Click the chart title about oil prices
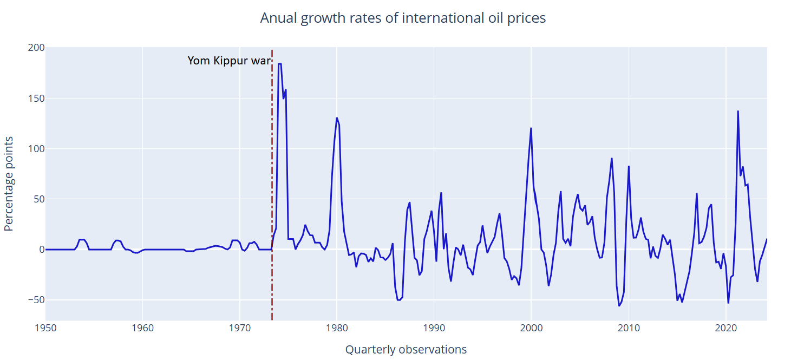403,18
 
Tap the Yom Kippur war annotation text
228,61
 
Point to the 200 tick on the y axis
36,48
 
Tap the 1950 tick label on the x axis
45,329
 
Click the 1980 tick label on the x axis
337,329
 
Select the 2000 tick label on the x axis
531,329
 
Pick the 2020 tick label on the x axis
725,329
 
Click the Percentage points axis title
9,184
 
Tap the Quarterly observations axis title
406,350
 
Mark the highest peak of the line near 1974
279,64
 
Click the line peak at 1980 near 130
337,118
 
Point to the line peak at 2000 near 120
531,128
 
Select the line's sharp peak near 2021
738,112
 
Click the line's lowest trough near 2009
619,306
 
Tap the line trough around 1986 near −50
398,300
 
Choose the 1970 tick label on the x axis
240,329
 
